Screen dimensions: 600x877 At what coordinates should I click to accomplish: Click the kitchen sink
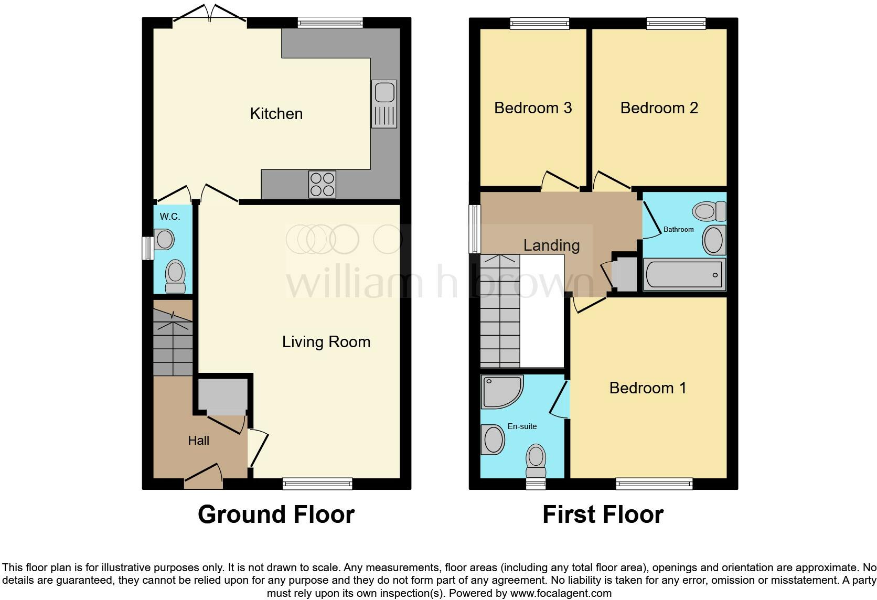pyautogui.click(x=384, y=103)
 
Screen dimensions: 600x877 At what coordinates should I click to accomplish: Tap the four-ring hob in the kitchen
pyautogui.click(x=322, y=184)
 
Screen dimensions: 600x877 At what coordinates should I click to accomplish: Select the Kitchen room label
pyautogui.click(x=276, y=114)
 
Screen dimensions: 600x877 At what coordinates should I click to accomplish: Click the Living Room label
pyautogui.click(x=326, y=342)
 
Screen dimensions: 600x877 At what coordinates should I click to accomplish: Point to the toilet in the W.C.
pyautogui.click(x=175, y=276)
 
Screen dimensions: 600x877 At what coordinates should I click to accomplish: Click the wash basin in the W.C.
pyautogui.click(x=164, y=240)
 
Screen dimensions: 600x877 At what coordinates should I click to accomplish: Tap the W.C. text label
pyautogui.click(x=169, y=217)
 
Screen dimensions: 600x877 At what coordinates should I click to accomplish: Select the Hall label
pyautogui.click(x=198, y=441)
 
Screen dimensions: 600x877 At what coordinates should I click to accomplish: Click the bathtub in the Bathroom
pyautogui.click(x=684, y=274)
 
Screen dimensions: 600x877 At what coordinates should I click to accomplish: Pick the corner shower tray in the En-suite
pyautogui.click(x=501, y=391)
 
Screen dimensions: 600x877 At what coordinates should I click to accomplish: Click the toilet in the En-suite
pyautogui.click(x=536, y=458)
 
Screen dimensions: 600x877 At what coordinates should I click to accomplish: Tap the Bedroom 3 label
pyautogui.click(x=532, y=108)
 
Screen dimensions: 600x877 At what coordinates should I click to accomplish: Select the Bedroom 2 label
pyautogui.click(x=659, y=108)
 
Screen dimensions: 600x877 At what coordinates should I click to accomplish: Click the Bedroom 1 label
pyautogui.click(x=647, y=388)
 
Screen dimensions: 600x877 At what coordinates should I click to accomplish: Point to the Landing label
pyautogui.click(x=551, y=245)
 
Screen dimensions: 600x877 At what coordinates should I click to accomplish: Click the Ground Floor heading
pyautogui.click(x=276, y=515)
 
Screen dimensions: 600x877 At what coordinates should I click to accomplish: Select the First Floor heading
pyautogui.click(x=603, y=515)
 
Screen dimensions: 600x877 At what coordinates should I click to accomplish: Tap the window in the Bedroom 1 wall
pyautogui.click(x=654, y=484)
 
